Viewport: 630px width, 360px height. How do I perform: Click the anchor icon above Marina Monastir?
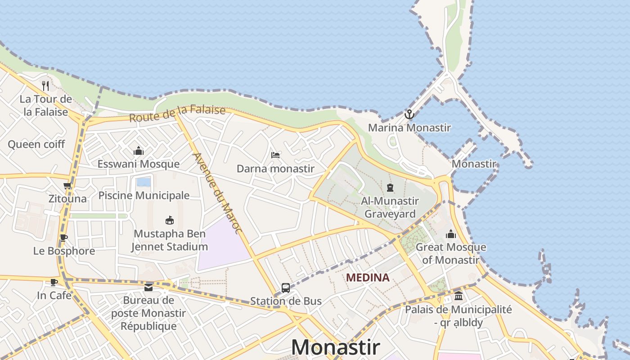click(409, 114)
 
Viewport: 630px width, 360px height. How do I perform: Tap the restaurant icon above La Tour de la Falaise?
click(45, 85)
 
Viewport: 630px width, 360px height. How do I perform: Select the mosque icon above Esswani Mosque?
click(139, 151)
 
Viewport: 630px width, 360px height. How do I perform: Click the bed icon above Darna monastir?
click(275, 155)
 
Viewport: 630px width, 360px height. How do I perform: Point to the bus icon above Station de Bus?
click(285, 288)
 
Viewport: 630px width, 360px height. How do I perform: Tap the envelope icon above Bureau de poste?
click(148, 288)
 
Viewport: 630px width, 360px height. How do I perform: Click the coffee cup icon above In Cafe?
click(54, 283)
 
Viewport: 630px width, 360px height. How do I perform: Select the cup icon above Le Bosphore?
click(64, 238)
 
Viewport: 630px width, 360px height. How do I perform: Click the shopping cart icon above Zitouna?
click(67, 185)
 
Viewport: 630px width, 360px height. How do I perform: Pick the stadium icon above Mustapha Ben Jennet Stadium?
click(170, 220)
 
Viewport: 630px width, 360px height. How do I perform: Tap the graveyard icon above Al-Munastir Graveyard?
click(390, 188)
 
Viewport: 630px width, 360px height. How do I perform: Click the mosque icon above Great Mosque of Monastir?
click(450, 234)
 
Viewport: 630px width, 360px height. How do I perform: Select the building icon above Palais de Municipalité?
click(459, 296)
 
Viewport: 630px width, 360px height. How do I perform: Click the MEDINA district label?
click(368, 278)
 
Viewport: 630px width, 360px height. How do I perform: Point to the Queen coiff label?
click(36, 144)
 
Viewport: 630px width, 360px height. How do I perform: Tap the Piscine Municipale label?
click(144, 196)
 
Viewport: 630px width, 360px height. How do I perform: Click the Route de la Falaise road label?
click(177, 113)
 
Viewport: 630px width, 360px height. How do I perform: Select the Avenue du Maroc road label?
click(217, 193)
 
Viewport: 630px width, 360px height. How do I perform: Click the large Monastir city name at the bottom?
click(335, 347)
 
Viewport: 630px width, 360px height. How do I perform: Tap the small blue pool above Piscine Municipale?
click(144, 182)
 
